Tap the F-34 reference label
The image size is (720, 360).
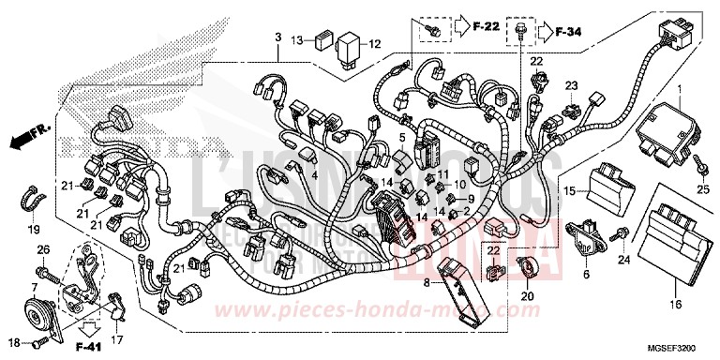pos(570,33)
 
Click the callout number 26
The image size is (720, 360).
pos(42,248)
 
